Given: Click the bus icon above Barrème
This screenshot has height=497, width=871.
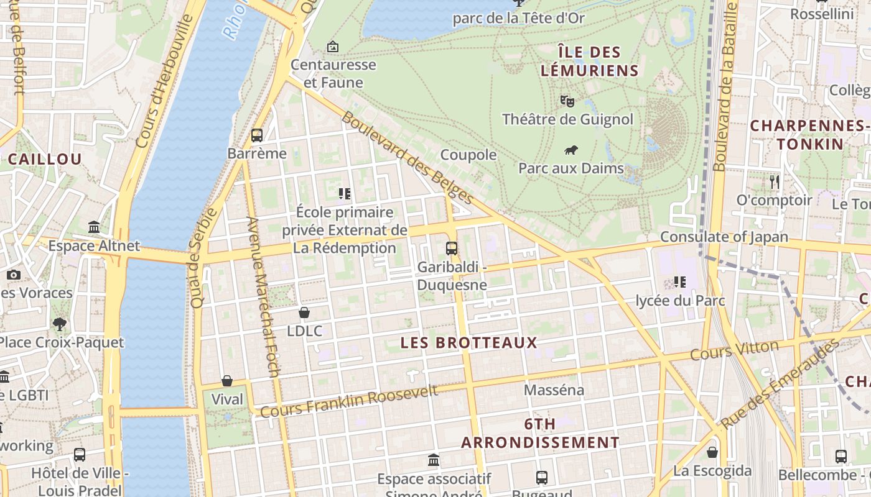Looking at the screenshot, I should [x=257, y=135].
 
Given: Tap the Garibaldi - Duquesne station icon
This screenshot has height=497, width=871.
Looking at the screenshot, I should [x=452, y=248].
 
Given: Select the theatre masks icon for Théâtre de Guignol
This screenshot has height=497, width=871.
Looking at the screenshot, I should [x=567, y=100].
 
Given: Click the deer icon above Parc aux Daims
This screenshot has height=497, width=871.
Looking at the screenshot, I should [x=571, y=150].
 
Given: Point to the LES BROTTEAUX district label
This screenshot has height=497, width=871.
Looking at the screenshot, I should [x=468, y=343].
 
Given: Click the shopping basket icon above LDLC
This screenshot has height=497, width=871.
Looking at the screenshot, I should [x=304, y=312].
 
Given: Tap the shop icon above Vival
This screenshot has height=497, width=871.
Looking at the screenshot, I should [x=227, y=381].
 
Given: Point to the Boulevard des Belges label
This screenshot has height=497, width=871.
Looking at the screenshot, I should [x=408, y=158].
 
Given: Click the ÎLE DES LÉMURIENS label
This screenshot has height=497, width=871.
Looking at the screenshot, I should [x=589, y=61].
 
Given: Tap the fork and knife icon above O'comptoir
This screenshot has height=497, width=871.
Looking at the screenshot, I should [x=774, y=182].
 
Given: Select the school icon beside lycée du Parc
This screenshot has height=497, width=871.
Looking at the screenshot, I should [x=679, y=282].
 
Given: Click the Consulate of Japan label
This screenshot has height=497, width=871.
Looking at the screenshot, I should [x=724, y=237].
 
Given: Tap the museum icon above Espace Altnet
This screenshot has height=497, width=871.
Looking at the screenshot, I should [x=94, y=227].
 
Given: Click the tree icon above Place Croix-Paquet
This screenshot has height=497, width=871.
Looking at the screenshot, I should [x=60, y=324].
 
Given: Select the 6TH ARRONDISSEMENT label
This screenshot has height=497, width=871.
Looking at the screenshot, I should [x=539, y=433].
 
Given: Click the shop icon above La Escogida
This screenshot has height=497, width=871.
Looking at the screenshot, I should [x=712, y=452].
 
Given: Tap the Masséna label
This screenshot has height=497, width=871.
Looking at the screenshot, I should [x=554, y=390].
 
